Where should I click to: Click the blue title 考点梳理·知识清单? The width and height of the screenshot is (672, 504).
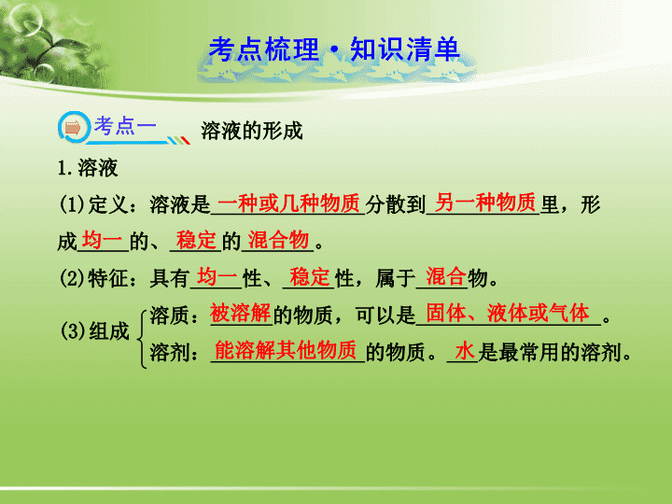(334, 49)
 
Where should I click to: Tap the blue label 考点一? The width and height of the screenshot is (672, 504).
(126, 126)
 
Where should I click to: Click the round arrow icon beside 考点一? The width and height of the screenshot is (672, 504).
(74, 127)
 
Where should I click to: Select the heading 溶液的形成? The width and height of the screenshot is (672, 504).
(252, 131)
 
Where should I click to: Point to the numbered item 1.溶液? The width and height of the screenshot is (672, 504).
(88, 168)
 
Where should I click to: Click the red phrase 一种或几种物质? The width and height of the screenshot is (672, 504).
(288, 203)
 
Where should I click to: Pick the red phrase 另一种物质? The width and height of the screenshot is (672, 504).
(485, 203)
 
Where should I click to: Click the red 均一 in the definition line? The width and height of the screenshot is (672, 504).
(102, 240)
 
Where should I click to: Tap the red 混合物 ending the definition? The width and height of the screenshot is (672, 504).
(278, 240)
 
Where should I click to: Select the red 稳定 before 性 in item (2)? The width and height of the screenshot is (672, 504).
(310, 276)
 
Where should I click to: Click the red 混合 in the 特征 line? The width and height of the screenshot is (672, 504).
(446, 276)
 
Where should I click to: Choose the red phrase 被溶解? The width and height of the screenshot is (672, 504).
(241, 314)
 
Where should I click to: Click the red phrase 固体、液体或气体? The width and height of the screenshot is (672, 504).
(508, 314)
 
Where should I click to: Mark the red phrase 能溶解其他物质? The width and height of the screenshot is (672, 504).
(286, 350)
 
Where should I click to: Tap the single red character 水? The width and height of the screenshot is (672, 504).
(465, 351)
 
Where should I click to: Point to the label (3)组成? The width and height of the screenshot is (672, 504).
(94, 331)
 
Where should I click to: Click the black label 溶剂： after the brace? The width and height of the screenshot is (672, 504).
(174, 353)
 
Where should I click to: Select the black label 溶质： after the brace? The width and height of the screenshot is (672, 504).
(174, 315)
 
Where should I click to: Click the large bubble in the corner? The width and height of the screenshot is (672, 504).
(25, 20)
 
